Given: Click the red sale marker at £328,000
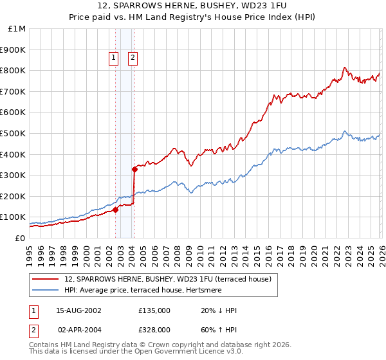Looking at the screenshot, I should [x=134, y=170].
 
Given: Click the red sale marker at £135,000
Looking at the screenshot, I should [x=116, y=210].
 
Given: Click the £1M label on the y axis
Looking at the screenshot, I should [x=17, y=29].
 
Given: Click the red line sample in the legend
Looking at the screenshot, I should [x=46, y=279].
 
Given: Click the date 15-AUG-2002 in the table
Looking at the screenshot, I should [x=78, y=310].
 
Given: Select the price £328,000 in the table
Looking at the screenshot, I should [x=154, y=329].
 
